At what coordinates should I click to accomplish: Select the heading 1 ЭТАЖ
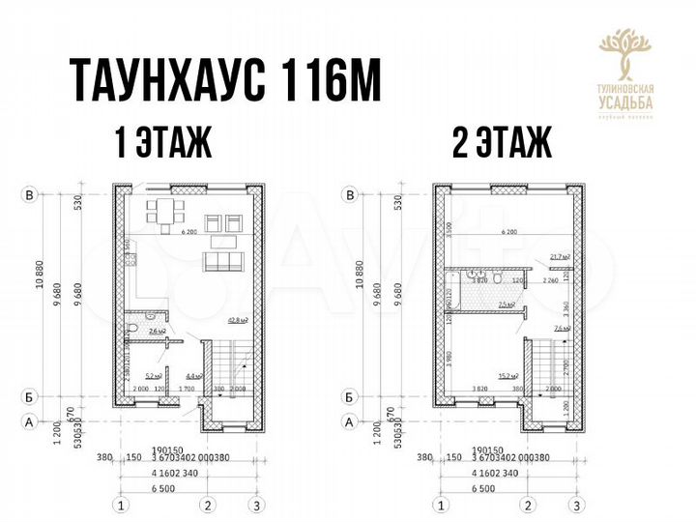point(161,144)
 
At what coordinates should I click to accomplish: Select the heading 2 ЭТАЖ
point(502,144)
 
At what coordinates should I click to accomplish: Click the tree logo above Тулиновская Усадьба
point(625,53)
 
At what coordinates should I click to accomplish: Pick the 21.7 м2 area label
point(558,257)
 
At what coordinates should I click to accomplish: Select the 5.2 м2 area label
point(153,376)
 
